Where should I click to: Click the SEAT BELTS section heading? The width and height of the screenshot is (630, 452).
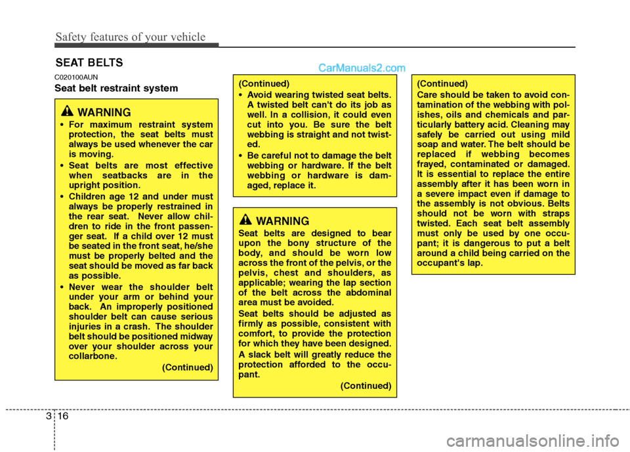point(89,63)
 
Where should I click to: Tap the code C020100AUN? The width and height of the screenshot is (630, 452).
point(76,77)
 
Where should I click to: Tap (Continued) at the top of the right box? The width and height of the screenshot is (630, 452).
point(443,83)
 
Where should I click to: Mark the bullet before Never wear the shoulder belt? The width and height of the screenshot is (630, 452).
point(61,286)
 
